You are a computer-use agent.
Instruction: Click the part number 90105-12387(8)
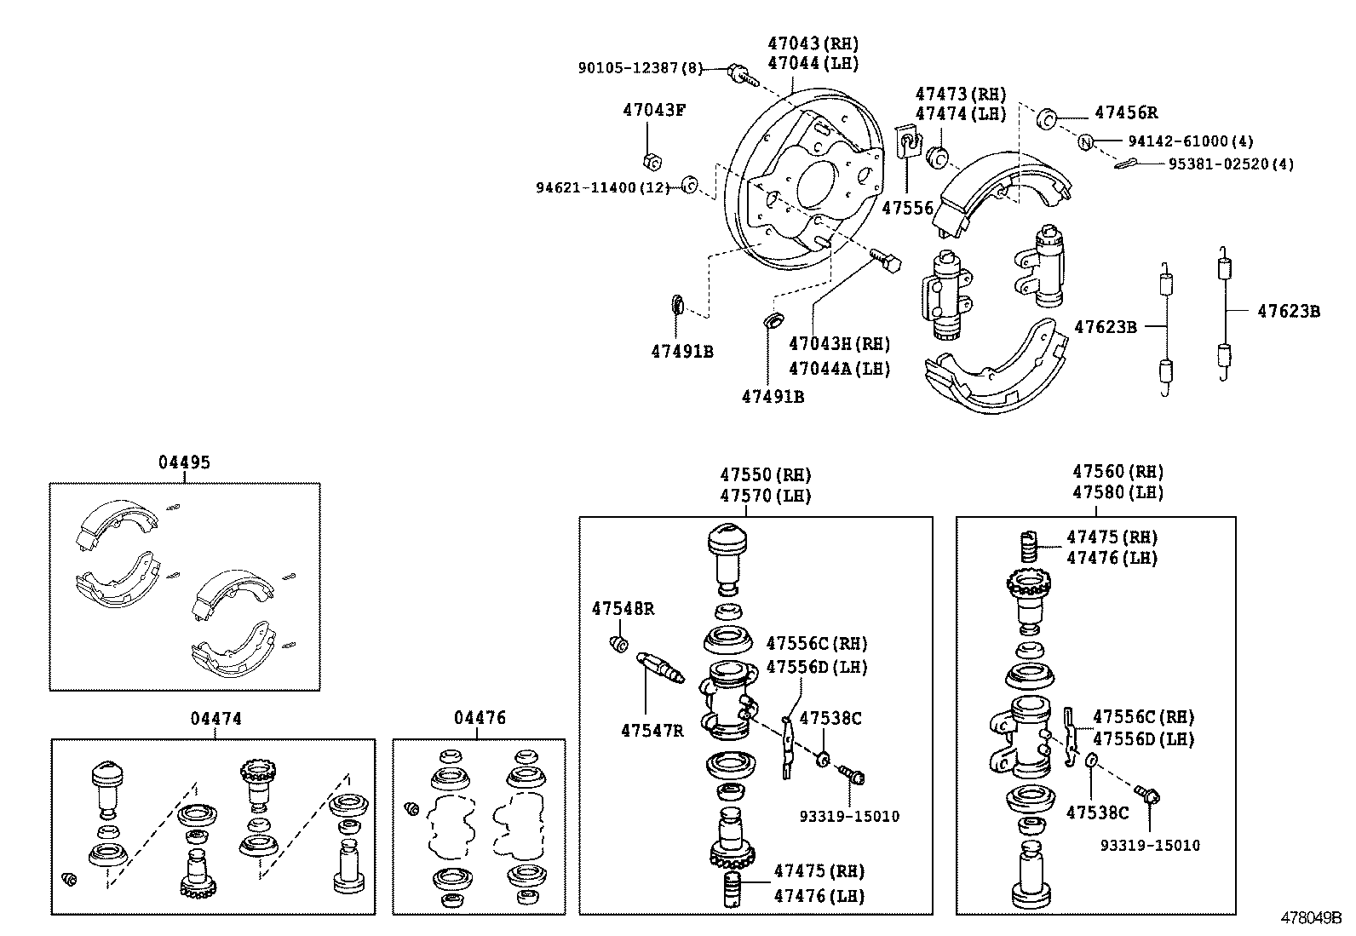[x=641, y=68]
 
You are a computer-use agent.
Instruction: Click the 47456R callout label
[x=1125, y=113]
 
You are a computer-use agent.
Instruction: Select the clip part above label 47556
[x=911, y=141]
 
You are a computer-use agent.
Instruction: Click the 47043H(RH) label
[x=839, y=344]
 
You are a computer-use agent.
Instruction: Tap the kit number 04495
[x=184, y=462]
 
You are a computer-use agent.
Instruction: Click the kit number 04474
[x=215, y=719]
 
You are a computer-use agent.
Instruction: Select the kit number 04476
[x=480, y=718]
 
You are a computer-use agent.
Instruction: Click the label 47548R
[x=623, y=608]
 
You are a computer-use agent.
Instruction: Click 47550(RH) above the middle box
[x=764, y=474]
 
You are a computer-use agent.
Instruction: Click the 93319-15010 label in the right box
[x=1149, y=845]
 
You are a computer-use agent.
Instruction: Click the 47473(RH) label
[x=960, y=94]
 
